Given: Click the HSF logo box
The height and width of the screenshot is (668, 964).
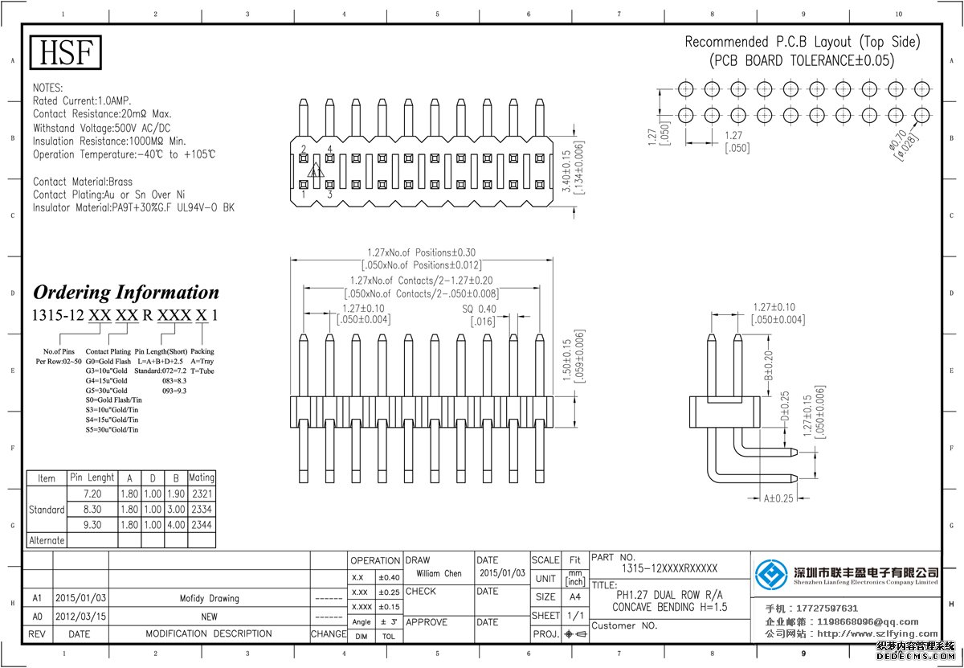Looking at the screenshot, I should (67, 52).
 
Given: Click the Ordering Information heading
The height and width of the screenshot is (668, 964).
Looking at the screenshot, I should (126, 293).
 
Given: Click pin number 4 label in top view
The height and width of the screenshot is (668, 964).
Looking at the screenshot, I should (329, 150).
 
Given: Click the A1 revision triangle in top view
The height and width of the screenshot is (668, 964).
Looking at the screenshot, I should (317, 171).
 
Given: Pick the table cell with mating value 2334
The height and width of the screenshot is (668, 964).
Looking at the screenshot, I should (202, 510).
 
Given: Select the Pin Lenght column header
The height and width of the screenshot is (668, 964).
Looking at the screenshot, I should (92, 477).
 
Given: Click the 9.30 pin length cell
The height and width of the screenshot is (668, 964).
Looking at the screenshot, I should (92, 525).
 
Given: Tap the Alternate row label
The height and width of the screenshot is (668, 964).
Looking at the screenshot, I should (47, 540).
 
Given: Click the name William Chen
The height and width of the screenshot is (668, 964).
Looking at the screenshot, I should (439, 574).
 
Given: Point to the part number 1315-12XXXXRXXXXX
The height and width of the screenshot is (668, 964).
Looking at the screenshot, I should (669, 568).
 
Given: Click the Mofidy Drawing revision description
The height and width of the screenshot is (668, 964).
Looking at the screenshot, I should (209, 599).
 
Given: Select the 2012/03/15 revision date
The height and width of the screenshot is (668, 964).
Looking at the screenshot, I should (80, 616).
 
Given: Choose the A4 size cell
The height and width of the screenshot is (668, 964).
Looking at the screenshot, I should (574, 597).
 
